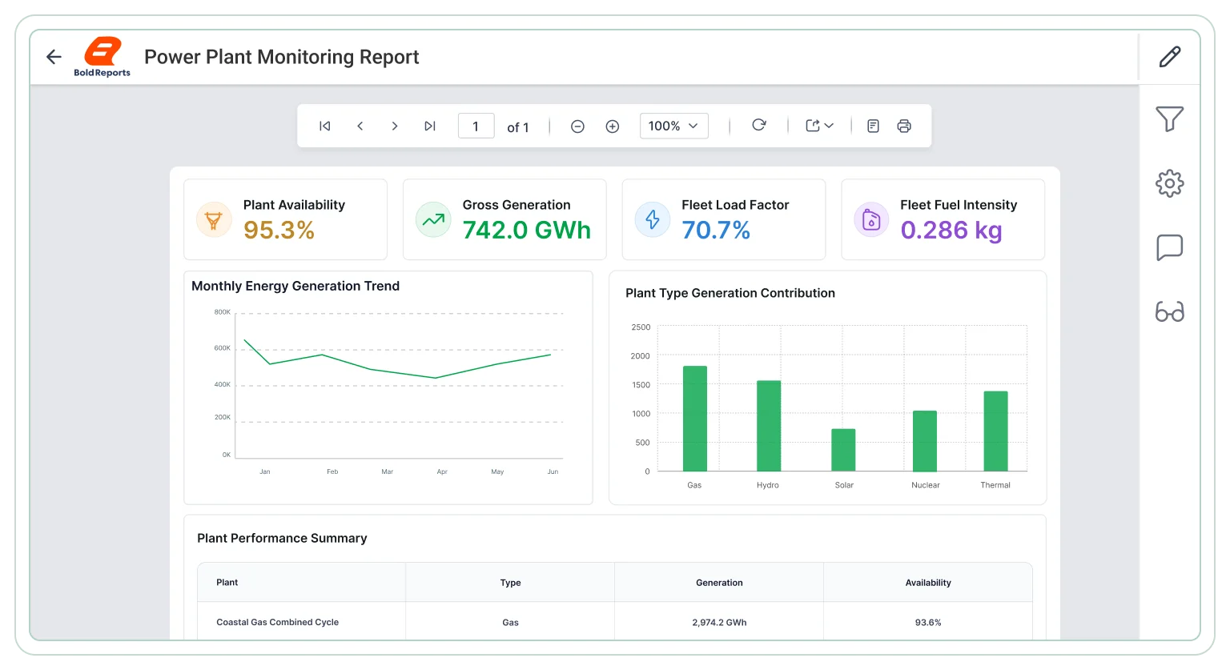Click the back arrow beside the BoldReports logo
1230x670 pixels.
pos(54,57)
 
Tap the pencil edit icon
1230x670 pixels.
pos(1170,57)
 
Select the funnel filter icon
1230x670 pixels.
pos(1170,118)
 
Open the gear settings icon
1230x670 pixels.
pos(1170,183)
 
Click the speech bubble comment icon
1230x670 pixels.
pos(1170,247)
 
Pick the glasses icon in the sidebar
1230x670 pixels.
pos(1170,311)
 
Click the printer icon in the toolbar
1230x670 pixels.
pos(904,126)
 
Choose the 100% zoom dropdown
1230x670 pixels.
pos(673,126)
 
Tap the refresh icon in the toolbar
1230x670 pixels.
pos(759,125)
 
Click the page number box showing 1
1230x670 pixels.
pos(476,126)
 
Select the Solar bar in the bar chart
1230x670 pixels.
pos(843,450)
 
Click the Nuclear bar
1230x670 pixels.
pos(925,441)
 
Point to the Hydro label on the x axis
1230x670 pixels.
pos(768,485)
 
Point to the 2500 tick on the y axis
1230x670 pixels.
pos(641,327)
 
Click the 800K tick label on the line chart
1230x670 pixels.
pos(223,312)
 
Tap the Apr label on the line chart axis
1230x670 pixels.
pos(442,471)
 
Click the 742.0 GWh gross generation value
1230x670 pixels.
pos(527,230)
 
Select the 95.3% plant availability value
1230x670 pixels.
pos(279,230)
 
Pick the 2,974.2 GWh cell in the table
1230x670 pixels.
pos(719,622)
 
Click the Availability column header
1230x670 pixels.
pos(928,583)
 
